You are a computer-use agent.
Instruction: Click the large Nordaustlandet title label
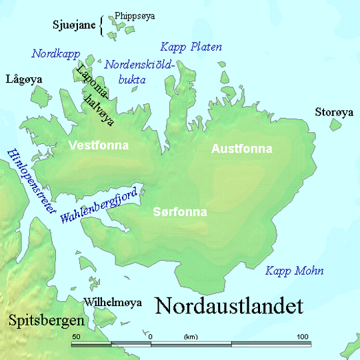[x=229, y=307]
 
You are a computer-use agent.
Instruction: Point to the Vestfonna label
[x=99, y=145]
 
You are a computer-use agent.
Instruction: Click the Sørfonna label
[x=180, y=212]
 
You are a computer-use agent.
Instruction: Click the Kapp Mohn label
[x=294, y=271]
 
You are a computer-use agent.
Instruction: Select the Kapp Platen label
[x=191, y=47]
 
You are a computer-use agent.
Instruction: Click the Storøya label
[x=334, y=113]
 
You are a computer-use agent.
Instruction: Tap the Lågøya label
[x=23, y=79]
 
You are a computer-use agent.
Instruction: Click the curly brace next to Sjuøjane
[x=102, y=25]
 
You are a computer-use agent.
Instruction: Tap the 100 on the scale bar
[x=303, y=335]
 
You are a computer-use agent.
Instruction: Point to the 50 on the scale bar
[x=76, y=335]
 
